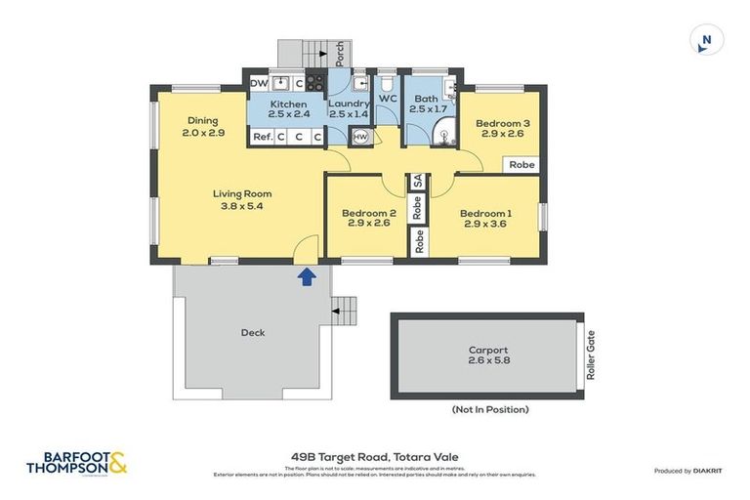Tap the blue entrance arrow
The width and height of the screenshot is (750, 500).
[x=307, y=277]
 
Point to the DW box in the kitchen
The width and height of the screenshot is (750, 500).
[x=259, y=84]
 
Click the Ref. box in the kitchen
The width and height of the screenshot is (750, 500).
[x=262, y=138]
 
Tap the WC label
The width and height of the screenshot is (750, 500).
[x=387, y=99]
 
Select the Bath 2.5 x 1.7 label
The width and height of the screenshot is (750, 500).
[x=427, y=104]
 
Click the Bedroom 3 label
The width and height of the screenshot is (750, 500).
[x=502, y=129]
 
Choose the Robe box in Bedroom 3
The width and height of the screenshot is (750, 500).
[x=522, y=165]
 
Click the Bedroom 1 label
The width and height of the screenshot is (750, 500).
[x=485, y=220]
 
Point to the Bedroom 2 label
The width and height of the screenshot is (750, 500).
[x=368, y=220]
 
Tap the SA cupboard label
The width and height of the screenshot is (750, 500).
[x=417, y=182]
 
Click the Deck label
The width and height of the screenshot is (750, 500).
[x=253, y=333]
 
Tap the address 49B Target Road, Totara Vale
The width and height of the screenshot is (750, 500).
[x=374, y=456]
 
